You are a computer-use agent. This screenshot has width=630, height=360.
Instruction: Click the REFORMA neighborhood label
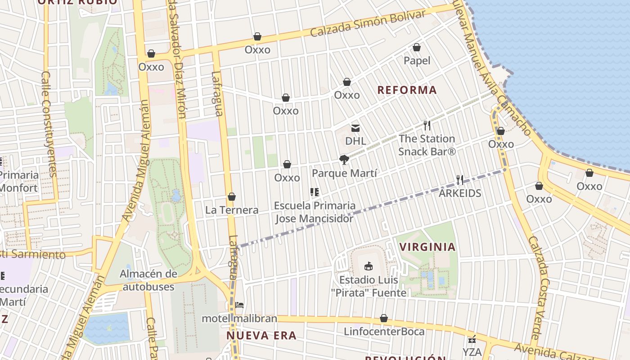(407, 90)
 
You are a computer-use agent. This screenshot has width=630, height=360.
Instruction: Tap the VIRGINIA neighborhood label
(427, 247)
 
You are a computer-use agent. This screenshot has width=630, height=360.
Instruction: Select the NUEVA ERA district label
(261, 336)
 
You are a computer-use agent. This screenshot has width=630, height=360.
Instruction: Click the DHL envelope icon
(355, 128)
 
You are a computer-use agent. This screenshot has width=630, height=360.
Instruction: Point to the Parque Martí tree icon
(344, 159)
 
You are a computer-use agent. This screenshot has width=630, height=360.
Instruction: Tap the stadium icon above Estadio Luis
(369, 266)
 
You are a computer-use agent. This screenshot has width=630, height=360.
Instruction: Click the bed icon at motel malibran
(239, 305)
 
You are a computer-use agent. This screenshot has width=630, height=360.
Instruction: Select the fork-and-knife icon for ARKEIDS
(459, 180)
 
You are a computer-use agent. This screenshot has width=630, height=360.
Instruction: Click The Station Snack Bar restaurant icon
(427, 126)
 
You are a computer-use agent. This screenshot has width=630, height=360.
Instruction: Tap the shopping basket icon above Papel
(417, 47)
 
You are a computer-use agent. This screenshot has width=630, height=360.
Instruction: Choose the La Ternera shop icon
(232, 197)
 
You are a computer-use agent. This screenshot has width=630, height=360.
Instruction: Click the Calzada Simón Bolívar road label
(368, 24)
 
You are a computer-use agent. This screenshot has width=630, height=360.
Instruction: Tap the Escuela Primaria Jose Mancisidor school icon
(315, 192)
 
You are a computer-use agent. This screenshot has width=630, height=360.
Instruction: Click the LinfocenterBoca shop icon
(384, 318)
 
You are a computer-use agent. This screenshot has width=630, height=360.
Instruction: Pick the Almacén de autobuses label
(148, 280)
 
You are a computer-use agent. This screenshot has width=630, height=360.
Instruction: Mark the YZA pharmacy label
(472, 352)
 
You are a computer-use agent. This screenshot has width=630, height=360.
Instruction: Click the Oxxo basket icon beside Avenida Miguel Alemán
(151, 54)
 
